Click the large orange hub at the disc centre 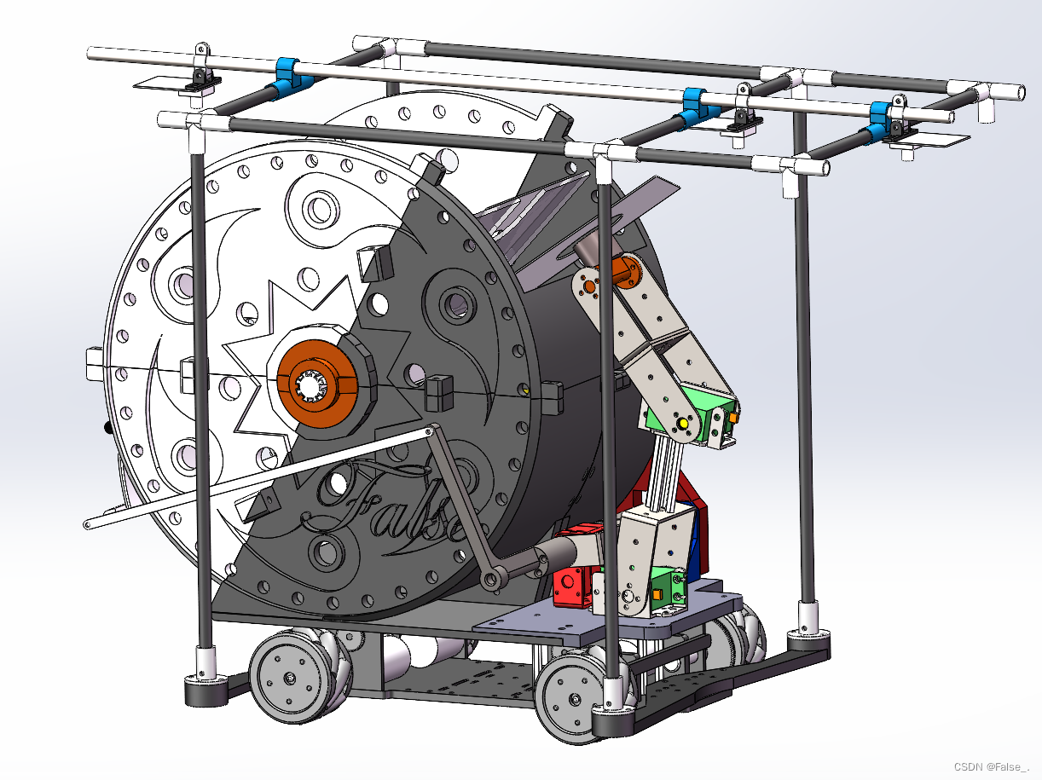316,384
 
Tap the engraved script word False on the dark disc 394,509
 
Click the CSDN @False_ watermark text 991,766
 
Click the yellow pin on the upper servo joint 684,423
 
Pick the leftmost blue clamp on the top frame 287,75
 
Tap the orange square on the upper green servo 733,418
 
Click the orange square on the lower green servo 657,593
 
